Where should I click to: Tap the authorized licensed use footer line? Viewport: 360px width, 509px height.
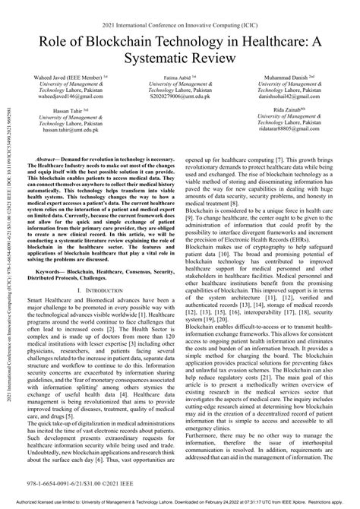180,503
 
